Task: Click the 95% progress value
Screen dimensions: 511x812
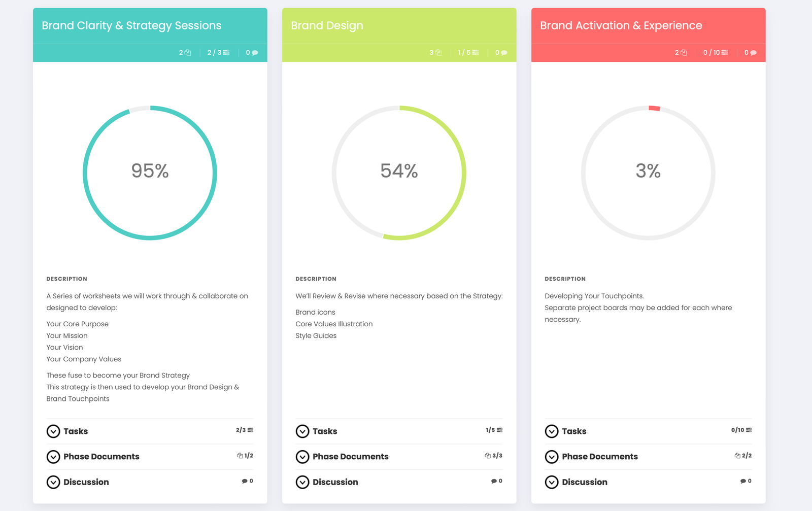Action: pos(150,171)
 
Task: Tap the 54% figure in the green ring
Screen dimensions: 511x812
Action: pos(399,171)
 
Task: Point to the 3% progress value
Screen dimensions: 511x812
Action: pos(648,171)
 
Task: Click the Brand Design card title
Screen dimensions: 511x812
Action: pos(327,25)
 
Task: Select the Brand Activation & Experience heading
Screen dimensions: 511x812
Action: pos(621,25)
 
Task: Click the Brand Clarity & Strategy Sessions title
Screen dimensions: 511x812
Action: pos(131,25)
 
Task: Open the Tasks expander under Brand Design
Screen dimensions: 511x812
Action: pos(302,431)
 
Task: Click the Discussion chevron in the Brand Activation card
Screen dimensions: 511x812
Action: pos(552,482)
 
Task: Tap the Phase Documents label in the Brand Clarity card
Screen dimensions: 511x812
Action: pos(101,457)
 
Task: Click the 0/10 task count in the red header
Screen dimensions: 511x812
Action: pos(715,53)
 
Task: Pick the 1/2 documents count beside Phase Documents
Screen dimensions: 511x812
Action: pos(245,456)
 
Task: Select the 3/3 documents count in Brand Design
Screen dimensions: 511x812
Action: pos(494,456)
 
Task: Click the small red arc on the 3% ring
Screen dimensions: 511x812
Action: pos(654,108)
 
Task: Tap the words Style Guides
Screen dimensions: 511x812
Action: pos(316,335)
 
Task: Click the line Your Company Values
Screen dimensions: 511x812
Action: pos(84,359)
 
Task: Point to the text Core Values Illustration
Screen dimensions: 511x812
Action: pos(334,324)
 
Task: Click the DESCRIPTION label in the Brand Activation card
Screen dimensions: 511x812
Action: pos(565,279)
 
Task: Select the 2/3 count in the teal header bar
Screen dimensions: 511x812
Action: pos(218,53)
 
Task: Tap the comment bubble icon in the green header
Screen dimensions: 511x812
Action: pos(504,53)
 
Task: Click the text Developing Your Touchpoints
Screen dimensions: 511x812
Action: pos(594,296)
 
